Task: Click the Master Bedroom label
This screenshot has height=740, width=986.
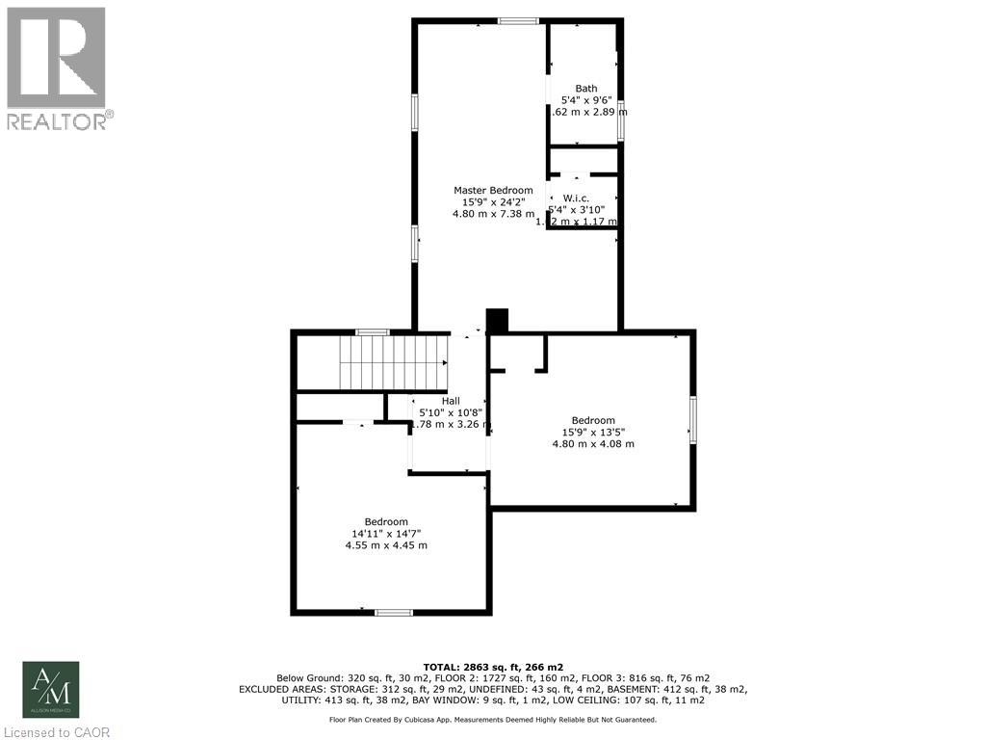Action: point(493,190)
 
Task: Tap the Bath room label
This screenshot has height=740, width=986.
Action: point(586,89)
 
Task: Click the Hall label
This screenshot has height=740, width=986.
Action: point(451,401)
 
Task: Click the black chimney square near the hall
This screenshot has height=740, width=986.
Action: point(497,320)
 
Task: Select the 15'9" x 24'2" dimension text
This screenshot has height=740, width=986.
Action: point(493,202)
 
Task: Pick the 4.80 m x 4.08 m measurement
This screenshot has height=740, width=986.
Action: point(593,444)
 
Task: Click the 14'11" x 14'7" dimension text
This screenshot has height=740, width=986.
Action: point(386,533)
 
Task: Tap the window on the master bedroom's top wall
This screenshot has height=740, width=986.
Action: point(518,21)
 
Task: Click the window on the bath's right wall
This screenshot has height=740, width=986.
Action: point(621,119)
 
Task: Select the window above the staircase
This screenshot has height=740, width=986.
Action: point(372,332)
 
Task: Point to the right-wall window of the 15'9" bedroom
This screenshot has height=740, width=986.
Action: point(691,419)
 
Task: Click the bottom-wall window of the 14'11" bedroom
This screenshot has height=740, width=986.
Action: point(394,612)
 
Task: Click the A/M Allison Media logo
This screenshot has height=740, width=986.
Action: point(51,689)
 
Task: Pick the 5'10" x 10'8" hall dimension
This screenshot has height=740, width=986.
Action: point(451,412)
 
